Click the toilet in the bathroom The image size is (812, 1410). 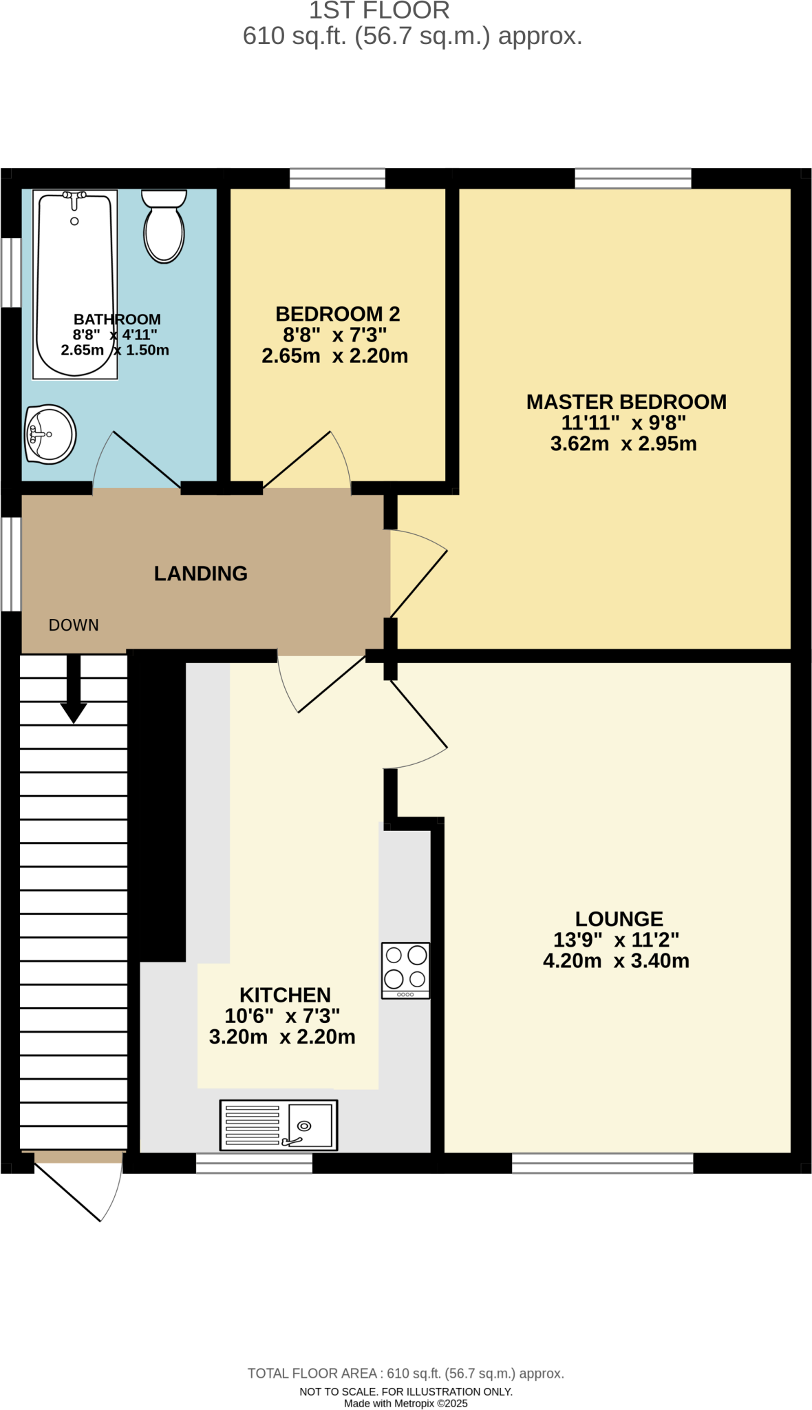point(164,227)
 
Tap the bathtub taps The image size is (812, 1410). point(74,197)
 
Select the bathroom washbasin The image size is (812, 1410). point(50,434)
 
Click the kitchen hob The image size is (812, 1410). point(406,970)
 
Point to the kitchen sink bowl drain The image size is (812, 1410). point(304,1126)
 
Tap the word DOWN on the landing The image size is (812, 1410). point(74,625)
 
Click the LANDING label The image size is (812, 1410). point(200,574)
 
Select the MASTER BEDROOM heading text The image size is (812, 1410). point(626,402)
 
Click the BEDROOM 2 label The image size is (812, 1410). point(337,315)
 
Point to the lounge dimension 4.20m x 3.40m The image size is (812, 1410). point(616,961)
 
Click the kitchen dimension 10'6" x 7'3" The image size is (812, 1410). point(282,1016)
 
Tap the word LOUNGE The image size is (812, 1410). point(619,919)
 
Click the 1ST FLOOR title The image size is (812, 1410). point(379,10)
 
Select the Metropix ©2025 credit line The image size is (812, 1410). point(406,1403)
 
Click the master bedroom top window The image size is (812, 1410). point(632,178)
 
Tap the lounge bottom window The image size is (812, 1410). point(602,1163)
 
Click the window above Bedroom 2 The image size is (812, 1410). point(337,178)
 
